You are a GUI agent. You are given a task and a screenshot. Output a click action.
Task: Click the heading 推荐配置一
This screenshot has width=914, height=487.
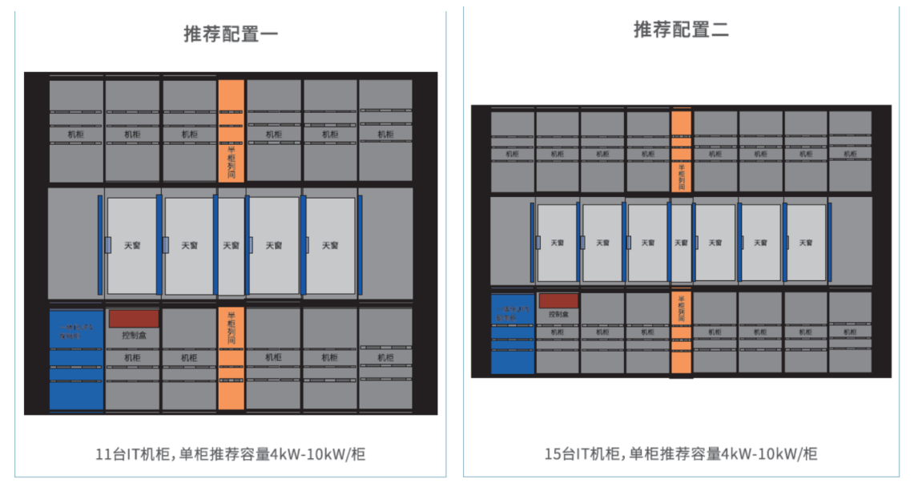(x=231, y=34)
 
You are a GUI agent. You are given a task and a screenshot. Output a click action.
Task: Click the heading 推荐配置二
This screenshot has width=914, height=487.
(x=681, y=30)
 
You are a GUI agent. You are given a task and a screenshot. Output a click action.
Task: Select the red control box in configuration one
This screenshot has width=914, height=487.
(x=134, y=319)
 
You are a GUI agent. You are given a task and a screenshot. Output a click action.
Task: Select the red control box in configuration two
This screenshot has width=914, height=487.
(x=558, y=301)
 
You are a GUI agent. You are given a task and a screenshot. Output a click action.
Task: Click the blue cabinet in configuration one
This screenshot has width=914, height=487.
(x=76, y=360)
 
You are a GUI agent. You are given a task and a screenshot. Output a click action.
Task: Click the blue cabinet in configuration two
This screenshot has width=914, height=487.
(x=512, y=333)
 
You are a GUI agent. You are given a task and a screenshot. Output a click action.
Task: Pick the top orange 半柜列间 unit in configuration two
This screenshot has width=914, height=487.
(x=681, y=151)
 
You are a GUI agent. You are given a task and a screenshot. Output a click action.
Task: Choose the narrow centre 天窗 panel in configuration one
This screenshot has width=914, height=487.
(x=231, y=245)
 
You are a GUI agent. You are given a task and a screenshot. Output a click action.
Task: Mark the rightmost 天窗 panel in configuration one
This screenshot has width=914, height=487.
(x=330, y=245)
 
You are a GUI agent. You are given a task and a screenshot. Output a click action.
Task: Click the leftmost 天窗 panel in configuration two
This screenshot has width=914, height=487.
(x=557, y=243)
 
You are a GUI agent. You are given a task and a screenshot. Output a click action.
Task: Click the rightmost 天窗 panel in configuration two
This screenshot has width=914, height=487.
(x=805, y=243)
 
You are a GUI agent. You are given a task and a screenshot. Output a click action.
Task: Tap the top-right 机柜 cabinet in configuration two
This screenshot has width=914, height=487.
(x=850, y=151)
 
